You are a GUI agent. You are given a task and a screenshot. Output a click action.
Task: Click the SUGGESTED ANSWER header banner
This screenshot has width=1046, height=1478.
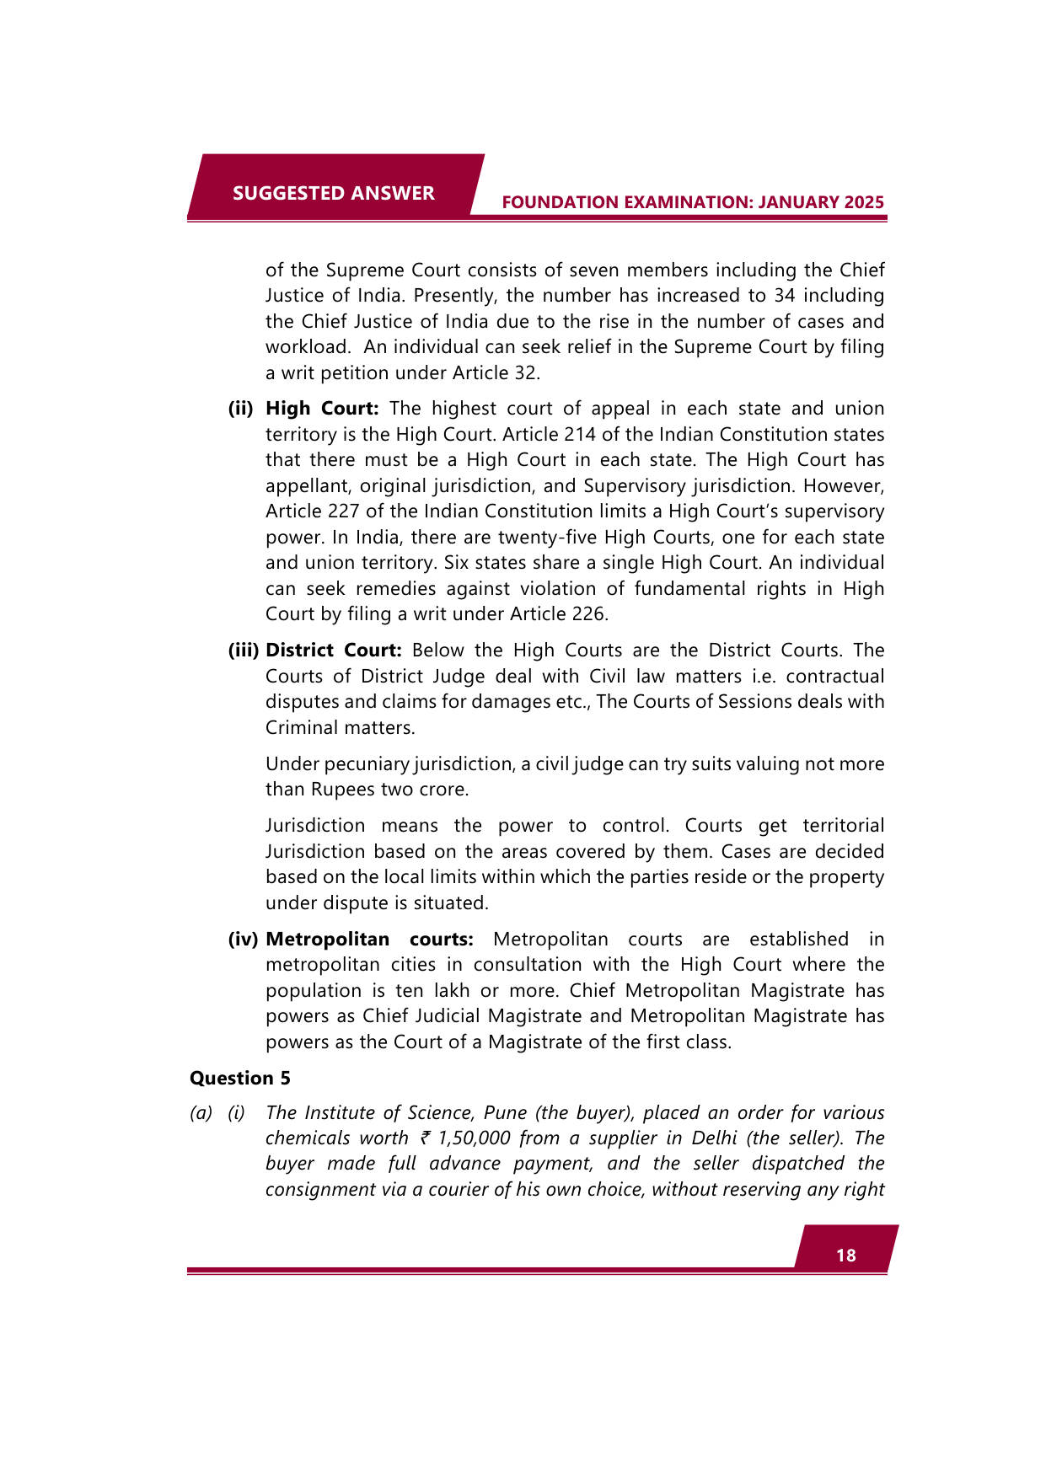(334, 193)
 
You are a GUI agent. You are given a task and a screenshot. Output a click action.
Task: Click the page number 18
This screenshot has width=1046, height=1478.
(845, 1256)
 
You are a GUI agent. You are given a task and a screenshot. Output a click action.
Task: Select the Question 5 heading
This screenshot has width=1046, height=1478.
(240, 1078)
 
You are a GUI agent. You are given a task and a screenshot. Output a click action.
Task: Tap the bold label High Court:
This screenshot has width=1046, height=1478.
(322, 409)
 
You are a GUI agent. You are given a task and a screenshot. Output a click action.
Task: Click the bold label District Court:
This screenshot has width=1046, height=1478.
(333, 651)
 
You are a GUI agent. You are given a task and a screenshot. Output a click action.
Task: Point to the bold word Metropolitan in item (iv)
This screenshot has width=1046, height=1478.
(328, 940)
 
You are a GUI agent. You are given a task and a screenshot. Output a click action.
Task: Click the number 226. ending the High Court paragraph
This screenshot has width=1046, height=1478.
(590, 614)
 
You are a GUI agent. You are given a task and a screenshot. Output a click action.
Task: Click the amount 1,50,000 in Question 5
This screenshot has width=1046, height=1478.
(475, 1138)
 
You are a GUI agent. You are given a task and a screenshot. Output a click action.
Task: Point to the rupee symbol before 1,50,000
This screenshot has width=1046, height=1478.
(426, 1138)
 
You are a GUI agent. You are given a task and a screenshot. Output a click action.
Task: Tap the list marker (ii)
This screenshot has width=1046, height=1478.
(241, 409)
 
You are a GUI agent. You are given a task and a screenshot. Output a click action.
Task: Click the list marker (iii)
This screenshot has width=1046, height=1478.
(243, 651)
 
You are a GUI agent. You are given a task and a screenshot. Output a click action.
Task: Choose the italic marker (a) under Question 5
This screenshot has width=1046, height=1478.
(201, 1113)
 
